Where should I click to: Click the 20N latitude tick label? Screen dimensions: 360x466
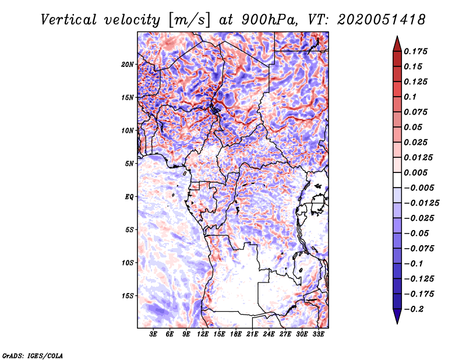(x=128, y=64)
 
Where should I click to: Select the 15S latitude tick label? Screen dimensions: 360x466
(x=128, y=295)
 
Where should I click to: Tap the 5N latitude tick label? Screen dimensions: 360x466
(x=129, y=163)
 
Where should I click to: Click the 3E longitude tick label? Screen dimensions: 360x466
(x=154, y=335)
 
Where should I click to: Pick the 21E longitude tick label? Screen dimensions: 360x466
(x=252, y=335)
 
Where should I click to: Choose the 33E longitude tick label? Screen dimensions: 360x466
(x=318, y=335)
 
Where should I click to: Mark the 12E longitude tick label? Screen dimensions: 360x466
(x=203, y=335)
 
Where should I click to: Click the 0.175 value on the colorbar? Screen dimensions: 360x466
(x=416, y=51)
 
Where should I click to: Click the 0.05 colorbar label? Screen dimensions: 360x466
(x=413, y=127)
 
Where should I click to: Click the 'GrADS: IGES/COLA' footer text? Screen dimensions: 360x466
(x=33, y=355)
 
